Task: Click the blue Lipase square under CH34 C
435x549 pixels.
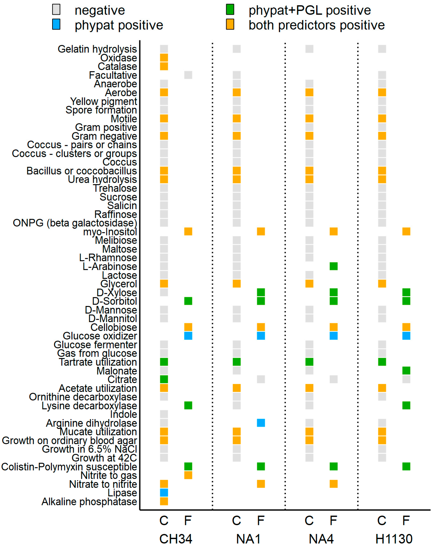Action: (x=164, y=492)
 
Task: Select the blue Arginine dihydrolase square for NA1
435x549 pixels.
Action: (x=261, y=423)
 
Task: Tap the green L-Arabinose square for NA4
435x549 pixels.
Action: (x=333, y=266)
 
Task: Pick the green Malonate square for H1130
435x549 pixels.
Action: (x=406, y=370)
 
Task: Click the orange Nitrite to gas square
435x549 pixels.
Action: (x=188, y=475)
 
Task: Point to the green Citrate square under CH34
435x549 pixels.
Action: (x=164, y=379)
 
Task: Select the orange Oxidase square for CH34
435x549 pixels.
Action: (x=164, y=58)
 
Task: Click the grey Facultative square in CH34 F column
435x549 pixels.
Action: (x=188, y=75)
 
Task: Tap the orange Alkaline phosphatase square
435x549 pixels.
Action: (x=164, y=501)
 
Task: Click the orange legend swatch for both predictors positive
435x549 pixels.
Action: (x=230, y=25)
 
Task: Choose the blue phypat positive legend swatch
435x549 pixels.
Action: (x=56, y=25)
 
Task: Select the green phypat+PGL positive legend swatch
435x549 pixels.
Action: (x=230, y=10)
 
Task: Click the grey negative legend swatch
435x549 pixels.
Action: (x=56, y=10)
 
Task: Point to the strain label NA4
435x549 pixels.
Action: (x=321, y=539)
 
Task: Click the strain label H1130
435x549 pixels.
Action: (x=394, y=539)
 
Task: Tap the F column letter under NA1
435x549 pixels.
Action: (x=261, y=521)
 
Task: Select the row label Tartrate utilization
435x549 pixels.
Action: (x=98, y=362)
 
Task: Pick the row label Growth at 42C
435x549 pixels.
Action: (x=104, y=458)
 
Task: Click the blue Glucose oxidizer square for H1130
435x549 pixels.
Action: (x=406, y=336)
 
